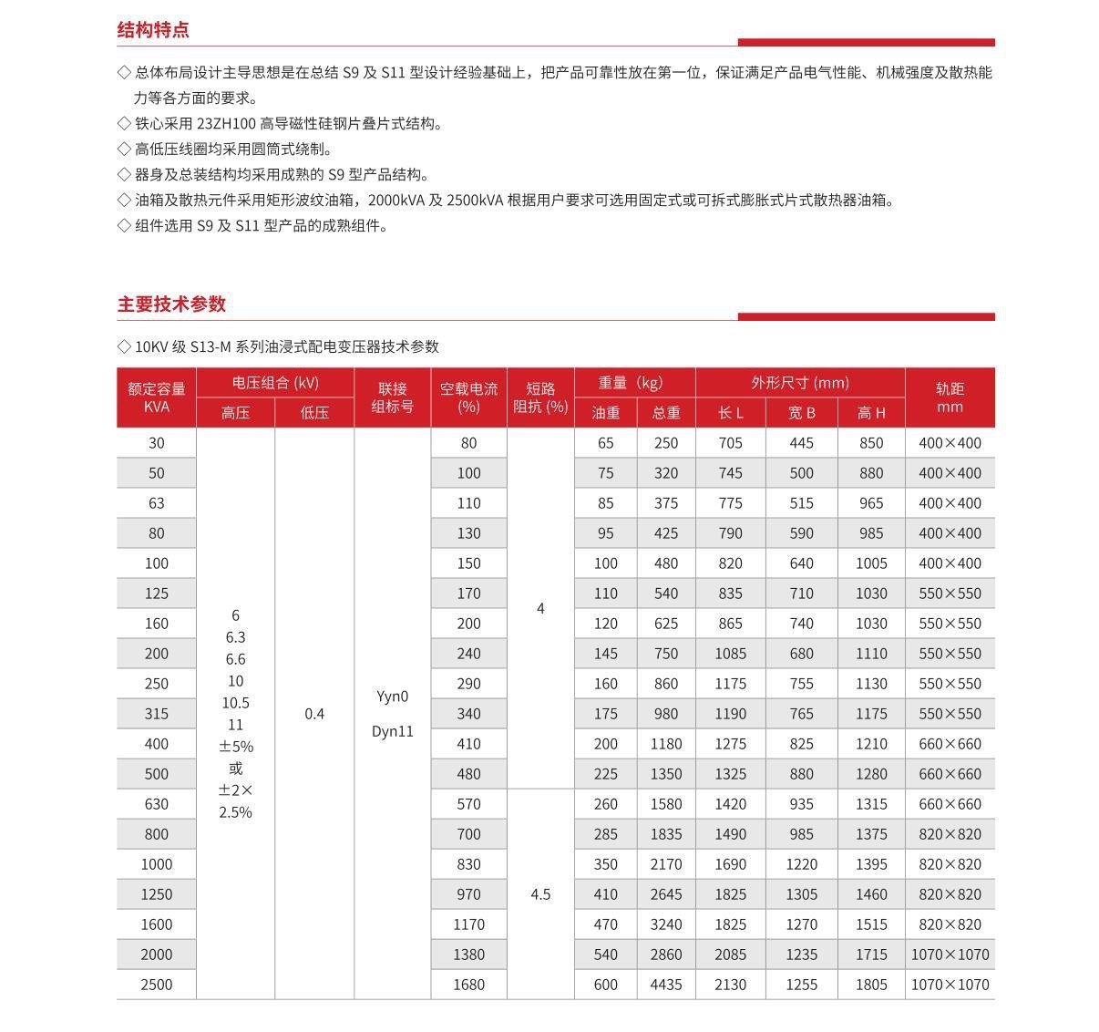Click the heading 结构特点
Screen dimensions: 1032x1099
click(x=153, y=29)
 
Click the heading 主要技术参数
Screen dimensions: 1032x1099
click(x=171, y=304)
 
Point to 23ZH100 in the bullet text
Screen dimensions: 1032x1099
click(x=226, y=124)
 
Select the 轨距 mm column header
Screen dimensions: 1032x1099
click(x=950, y=397)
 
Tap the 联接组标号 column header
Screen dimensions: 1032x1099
click(x=392, y=397)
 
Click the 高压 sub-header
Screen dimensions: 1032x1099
click(x=235, y=413)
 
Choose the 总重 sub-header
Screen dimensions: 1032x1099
click(x=665, y=413)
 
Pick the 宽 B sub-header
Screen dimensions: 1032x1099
click(x=801, y=413)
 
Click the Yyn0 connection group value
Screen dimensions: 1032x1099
click(x=392, y=697)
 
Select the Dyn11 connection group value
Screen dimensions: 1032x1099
click(x=392, y=731)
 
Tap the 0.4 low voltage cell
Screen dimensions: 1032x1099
click(x=314, y=714)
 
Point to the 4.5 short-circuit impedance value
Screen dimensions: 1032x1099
click(x=540, y=894)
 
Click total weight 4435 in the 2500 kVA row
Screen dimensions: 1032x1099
click(x=665, y=985)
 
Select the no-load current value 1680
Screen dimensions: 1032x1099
click(x=468, y=985)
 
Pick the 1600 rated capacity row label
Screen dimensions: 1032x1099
click(x=157, y=924)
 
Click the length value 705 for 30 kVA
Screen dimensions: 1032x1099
click(x=730, y=443)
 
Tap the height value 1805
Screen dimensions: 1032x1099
click(x=871, y=985)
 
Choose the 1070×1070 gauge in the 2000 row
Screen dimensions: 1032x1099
click(x=950, y=955)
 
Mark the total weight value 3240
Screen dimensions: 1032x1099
click(x=665, y=924)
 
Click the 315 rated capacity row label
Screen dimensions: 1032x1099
click(x=157, y=714)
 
